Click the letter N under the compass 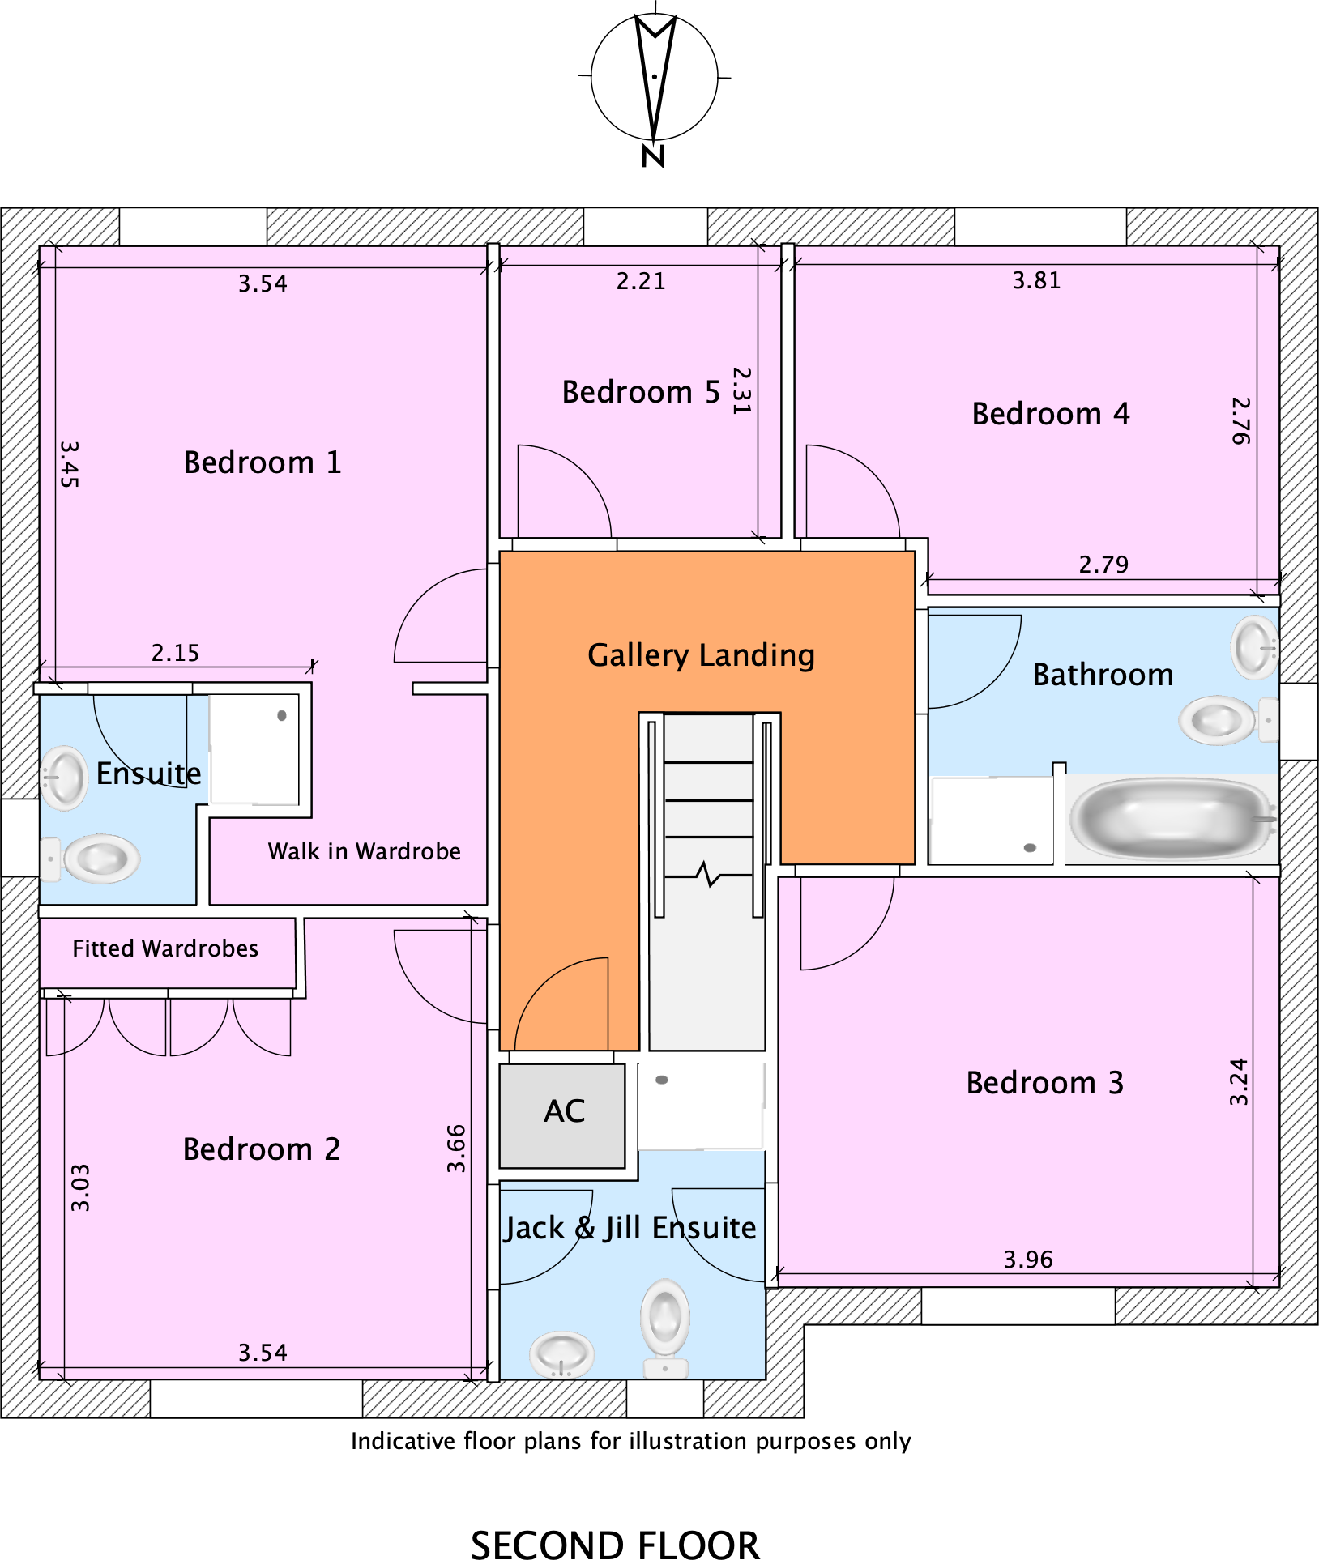coord(653,156)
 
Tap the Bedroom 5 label coord(640,392)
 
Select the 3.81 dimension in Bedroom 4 coord(1036,281)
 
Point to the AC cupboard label coord(564,1111)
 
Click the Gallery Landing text coord(701,655)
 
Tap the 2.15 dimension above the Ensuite coord(175,653)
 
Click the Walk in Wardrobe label coord(364,851)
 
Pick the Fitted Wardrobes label coord(165,948)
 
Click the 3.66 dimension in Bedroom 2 coord(456,1149)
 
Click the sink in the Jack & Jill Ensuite coord(561,1353)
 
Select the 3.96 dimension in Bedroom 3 coord(1028,1260)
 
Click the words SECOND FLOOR coord(615,1544)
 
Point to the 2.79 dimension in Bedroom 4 coord(1103,565)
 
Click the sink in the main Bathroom coord(1254,647)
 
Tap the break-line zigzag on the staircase coord(707,875)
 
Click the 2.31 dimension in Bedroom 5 coord(741,390)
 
